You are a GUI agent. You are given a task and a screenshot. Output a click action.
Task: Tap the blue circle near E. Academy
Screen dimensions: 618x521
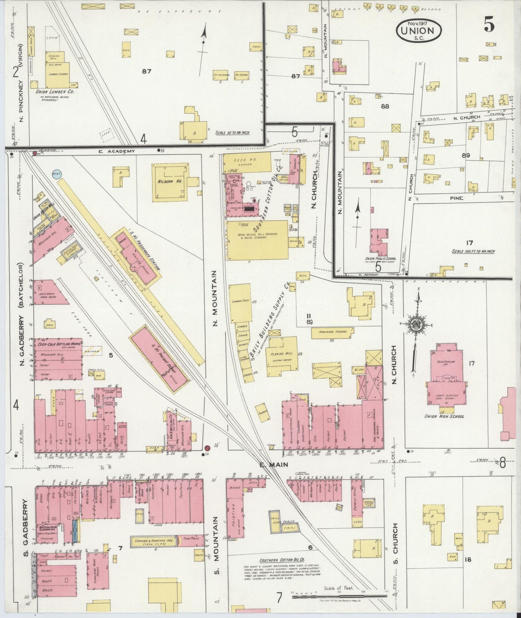coord(56,174)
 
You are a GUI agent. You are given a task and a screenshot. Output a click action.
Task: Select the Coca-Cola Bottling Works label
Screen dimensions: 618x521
coord(58,344)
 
